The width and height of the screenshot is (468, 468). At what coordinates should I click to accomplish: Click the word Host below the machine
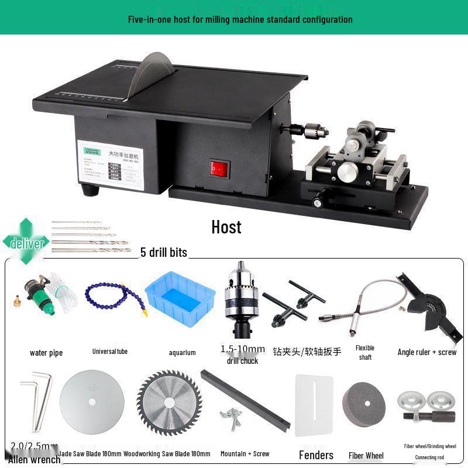(x=226, y=227)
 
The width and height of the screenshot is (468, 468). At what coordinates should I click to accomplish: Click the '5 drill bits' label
(x=164, y=253)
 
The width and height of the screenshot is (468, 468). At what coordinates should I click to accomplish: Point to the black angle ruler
(x=426, y=307)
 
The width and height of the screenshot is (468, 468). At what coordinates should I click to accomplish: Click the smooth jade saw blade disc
(x=92, y=403)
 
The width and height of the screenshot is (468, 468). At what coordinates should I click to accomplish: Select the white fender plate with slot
(x=314, y=405)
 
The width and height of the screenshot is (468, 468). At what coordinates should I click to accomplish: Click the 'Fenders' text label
(x=316, y=455)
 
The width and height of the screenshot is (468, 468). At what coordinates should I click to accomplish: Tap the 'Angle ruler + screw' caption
(x=427, y=352)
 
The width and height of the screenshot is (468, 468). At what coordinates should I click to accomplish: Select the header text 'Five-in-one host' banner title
(x=240, y=19)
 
